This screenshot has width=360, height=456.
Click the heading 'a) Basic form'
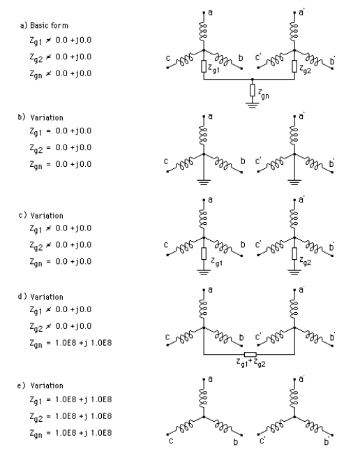point(44,26)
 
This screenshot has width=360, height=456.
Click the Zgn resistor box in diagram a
point(252,90)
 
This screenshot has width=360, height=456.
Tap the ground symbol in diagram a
point(252,105)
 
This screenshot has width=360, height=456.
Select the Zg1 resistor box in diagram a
point(204,66)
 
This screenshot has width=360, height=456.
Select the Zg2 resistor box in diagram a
point(294,66)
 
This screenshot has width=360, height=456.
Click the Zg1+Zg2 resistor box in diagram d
point(250,354)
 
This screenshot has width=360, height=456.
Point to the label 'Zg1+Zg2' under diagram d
point(250,362)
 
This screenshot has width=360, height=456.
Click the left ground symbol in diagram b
point(204,182)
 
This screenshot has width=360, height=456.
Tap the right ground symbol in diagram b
point(294,182)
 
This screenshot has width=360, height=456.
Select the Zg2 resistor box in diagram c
point(294,253)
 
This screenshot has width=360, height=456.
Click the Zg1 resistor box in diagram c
point(204,253)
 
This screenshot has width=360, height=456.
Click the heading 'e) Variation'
point(40,385)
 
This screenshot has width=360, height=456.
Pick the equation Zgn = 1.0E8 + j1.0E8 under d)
point(70,343)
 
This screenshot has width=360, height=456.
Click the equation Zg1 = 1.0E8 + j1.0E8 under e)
point(70,400)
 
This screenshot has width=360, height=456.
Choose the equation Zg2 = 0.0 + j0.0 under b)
point(61,148)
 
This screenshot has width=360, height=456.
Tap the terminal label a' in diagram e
point(301,379)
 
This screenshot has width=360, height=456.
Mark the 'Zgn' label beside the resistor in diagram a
point(264,94)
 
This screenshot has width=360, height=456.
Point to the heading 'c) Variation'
point(40,216)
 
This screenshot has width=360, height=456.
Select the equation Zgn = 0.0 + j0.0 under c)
point(61,262)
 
